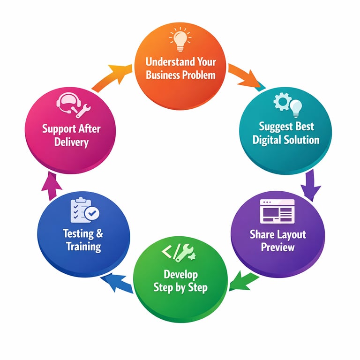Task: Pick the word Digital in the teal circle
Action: click(268, 140)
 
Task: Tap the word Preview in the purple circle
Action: click(278, 247)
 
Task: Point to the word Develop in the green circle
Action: click(180, 274)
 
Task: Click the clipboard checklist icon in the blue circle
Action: click(84, 210)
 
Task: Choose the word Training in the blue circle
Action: click(83, 247)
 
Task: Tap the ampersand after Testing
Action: click(98, 233)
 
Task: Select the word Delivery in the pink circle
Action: click(71, 142)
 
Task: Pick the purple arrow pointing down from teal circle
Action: click(310, 185)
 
